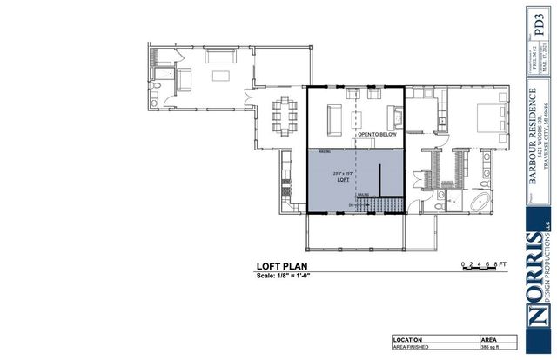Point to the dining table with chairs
point(282,114)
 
